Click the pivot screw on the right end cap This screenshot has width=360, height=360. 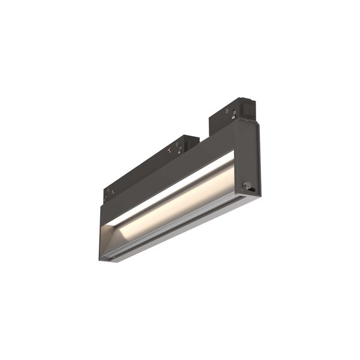[x=246, y=187]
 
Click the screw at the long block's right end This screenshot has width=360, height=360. [x=170, y=150]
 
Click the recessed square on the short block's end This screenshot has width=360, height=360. [x=247, y=108]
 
